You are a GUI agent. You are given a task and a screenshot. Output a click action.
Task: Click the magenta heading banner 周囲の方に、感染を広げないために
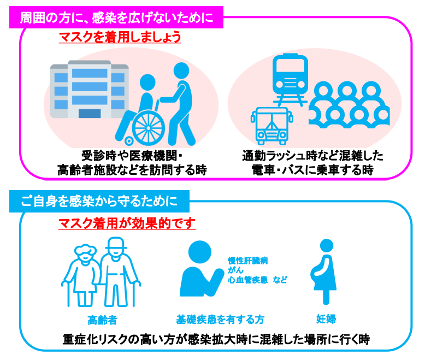[x=116, y=17]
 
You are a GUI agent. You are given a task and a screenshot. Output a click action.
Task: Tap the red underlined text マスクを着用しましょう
[x=120, y=37]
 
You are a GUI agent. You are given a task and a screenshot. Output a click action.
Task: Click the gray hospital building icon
[x=90, y=89]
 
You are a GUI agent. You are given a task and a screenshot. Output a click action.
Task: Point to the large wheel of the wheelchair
[x=149, y=128]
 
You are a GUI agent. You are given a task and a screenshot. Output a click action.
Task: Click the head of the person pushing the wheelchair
[x=181, y=70]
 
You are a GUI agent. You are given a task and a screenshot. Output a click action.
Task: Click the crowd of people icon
[x=349, y=104]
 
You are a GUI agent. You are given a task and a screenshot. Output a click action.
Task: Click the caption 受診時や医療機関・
[x=132, y=156]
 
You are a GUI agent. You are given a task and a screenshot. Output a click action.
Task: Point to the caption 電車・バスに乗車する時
[x=312, y=170]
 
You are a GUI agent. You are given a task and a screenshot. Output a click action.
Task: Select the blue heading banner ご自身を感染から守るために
[x=99, y=201]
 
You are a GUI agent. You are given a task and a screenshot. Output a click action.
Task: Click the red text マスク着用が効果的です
[x=127, y=223]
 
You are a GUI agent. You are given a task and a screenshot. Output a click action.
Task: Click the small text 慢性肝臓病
[x=247, y=261]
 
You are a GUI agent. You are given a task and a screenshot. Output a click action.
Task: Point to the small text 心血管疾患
[x=247, y=280]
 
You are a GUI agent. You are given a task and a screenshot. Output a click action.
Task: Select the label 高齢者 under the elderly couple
[x=103, y=320]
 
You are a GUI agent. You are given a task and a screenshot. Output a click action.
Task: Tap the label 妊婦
[x=326, y=319]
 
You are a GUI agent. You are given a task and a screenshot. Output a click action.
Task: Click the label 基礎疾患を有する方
[x=220, y=320]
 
